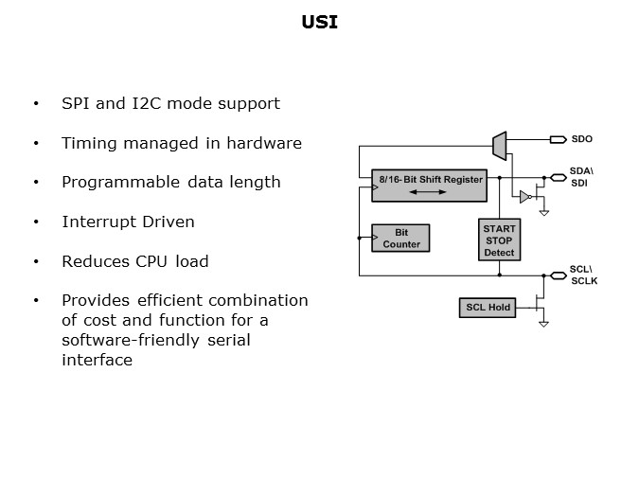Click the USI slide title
coord(318,22)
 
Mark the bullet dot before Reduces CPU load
coord(36,261)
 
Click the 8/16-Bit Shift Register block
coord(431,185)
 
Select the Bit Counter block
coord(401,239)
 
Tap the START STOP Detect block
coord(499,240)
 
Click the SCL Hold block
coord(488,308)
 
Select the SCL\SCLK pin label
coord(583,275)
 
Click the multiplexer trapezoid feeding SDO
coord(499,142)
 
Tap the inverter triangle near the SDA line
coord(523,197)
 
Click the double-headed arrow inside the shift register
coord(429,192)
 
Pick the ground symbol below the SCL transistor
coord(543,324)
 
